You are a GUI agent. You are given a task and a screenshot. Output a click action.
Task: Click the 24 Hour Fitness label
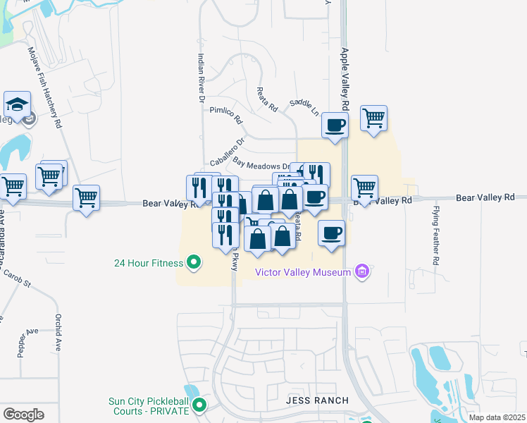(149, 264)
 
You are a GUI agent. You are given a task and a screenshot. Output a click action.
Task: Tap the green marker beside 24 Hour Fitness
(192, 264)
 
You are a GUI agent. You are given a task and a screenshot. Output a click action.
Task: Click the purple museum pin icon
(363, 271)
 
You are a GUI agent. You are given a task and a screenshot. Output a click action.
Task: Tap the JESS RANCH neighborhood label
(318, 400)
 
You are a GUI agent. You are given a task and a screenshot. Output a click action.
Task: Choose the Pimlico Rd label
(225, 111)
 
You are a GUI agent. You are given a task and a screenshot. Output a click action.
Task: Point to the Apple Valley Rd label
(345, 78)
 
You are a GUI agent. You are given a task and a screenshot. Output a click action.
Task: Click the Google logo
(23, 414)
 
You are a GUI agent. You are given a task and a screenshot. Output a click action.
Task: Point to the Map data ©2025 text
(497, 417)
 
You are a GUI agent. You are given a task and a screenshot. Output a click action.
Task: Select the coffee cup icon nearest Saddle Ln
(334, 126)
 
